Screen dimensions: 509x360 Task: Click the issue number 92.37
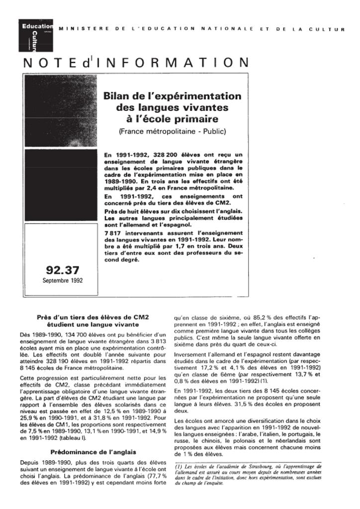(x=62, y=270)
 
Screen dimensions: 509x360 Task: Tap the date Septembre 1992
(x=63, y=280)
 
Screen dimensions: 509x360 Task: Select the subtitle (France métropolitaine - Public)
(x=172, y=132)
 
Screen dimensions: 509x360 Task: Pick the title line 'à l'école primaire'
(x=172, y=119)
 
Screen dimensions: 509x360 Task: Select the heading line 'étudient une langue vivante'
(x=93, y=324)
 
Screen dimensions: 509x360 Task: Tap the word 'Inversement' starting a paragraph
(x=190, y=354)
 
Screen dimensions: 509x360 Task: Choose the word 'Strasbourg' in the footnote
(x=252, y=466)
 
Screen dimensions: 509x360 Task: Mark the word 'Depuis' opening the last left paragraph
(x=29, y=462)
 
